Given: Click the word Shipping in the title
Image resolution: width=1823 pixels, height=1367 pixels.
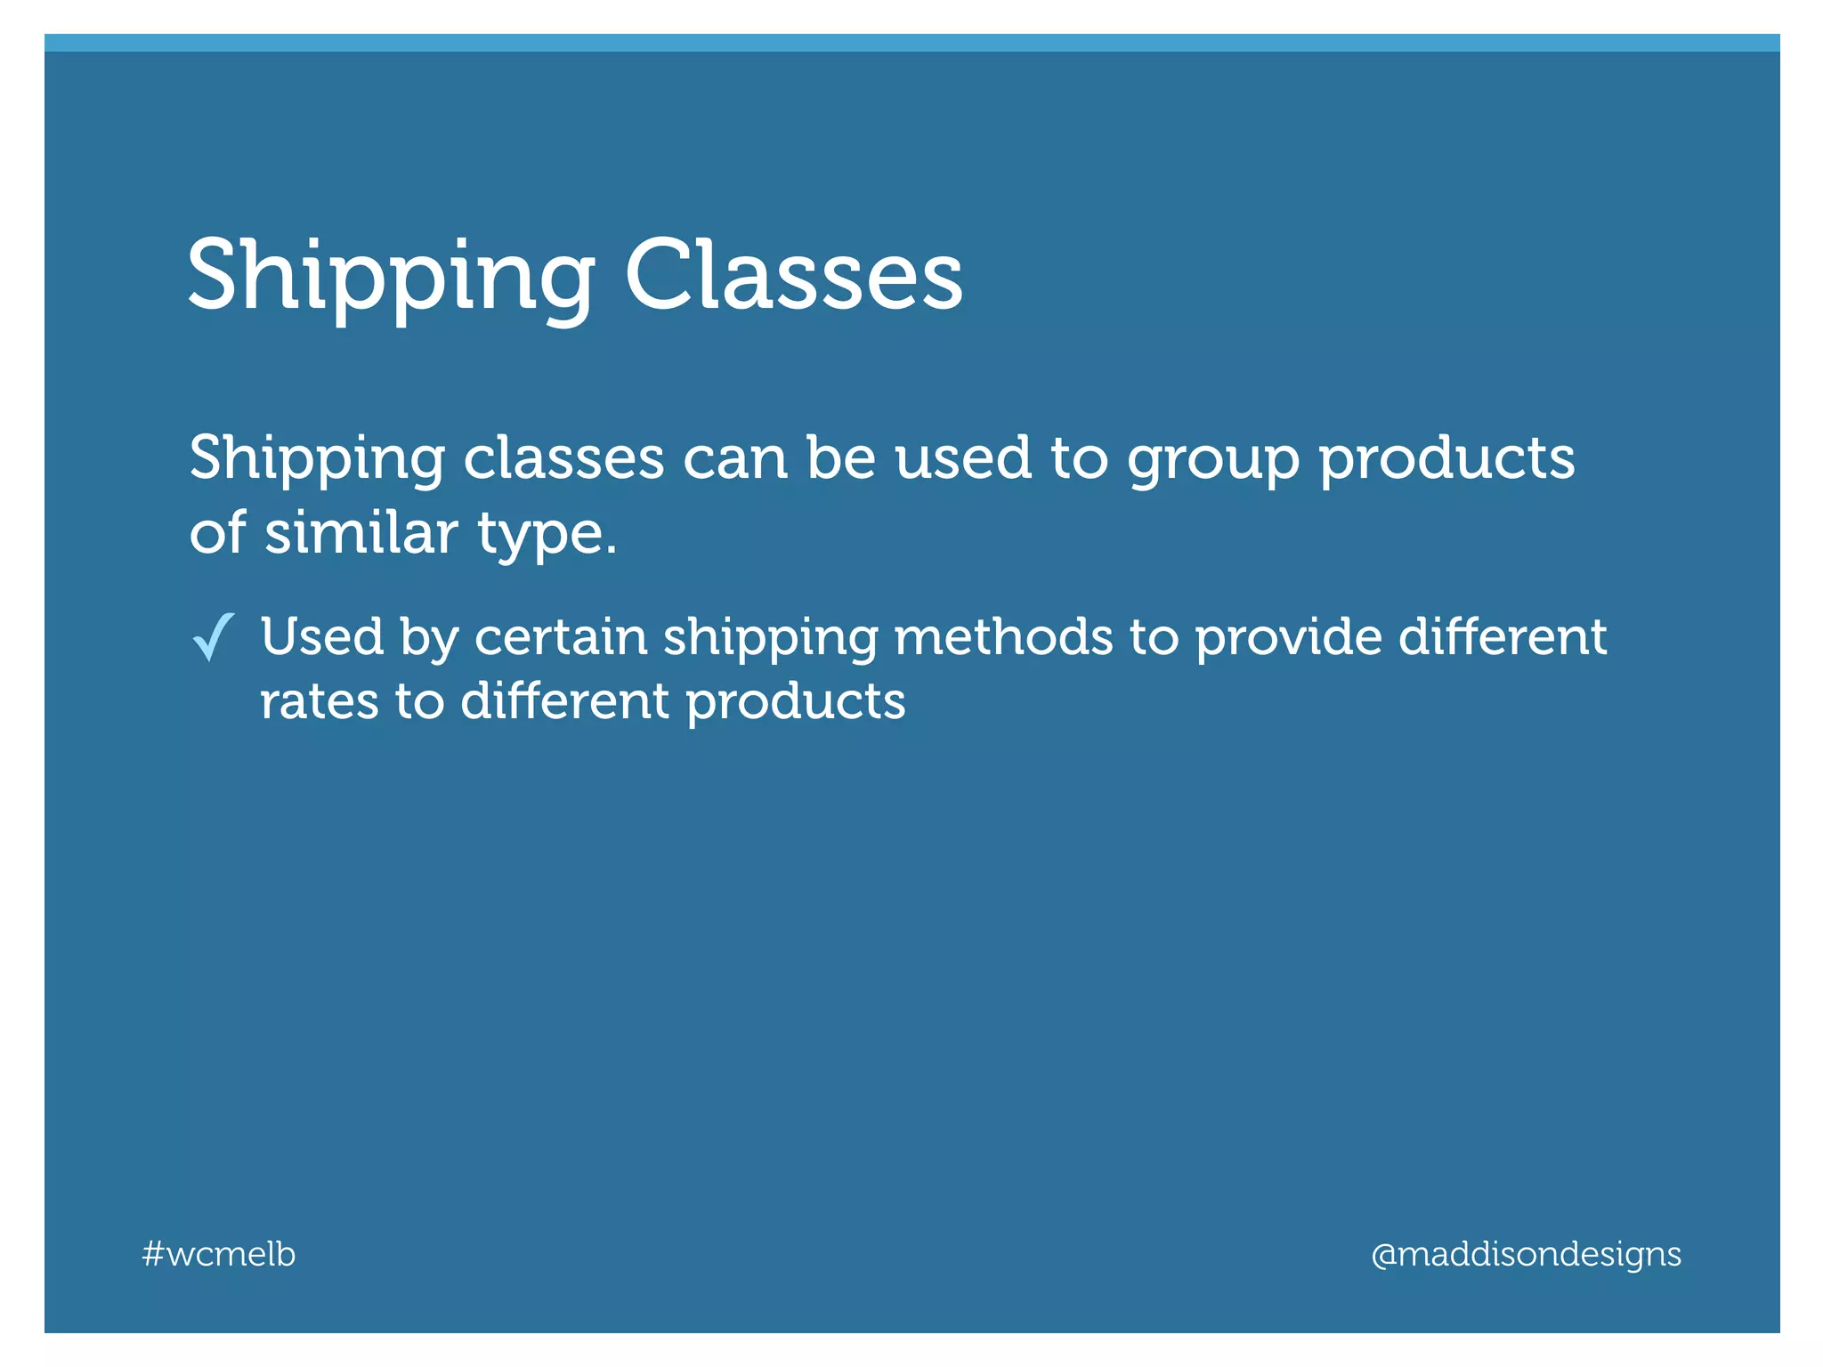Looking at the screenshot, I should [390, 278].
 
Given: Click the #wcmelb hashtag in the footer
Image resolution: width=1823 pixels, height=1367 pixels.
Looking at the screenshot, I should [219, 1254].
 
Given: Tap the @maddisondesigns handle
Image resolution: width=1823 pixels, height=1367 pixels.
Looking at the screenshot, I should [1526, 1254].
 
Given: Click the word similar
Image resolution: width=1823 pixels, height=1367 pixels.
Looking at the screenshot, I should [361, 533].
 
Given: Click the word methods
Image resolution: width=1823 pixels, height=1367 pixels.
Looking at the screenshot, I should [1003, 637].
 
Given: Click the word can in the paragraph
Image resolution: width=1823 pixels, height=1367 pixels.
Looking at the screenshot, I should [735, 459].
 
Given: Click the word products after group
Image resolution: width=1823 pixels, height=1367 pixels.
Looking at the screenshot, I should [1446, 459].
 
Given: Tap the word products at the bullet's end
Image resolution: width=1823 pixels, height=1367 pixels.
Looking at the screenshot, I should [795, 703].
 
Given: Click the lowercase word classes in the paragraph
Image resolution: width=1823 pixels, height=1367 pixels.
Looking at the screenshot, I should [564, 459].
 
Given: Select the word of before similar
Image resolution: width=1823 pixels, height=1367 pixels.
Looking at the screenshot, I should [217, 533].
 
